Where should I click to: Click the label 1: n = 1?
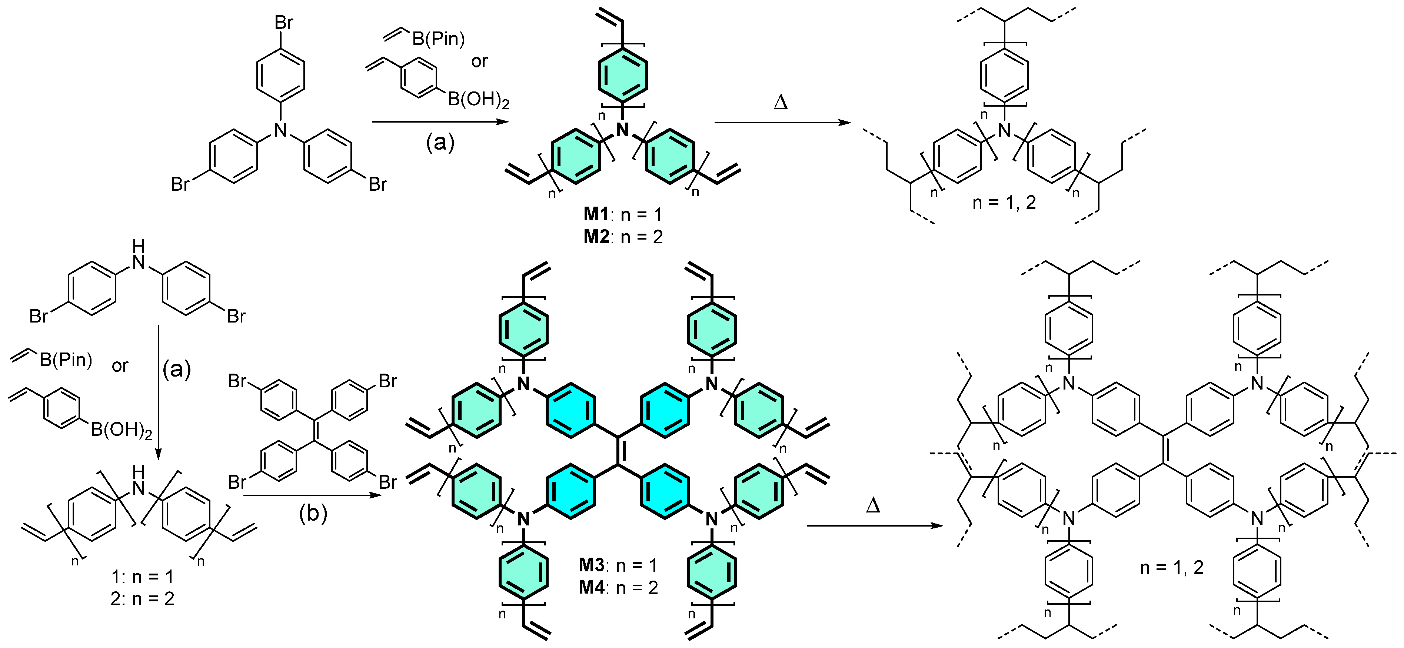coord(142,576)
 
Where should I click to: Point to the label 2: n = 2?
coord(142,598)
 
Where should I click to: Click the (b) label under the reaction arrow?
coord(313,513)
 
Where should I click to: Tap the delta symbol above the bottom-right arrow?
coord(873,506)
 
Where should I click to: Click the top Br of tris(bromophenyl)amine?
coord(283,23)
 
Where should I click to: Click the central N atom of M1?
coord(622,130)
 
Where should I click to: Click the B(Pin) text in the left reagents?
coord(66,360)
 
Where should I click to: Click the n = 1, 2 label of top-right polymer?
coord(1004,203)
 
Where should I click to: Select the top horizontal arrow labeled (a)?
coord(439,123)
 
